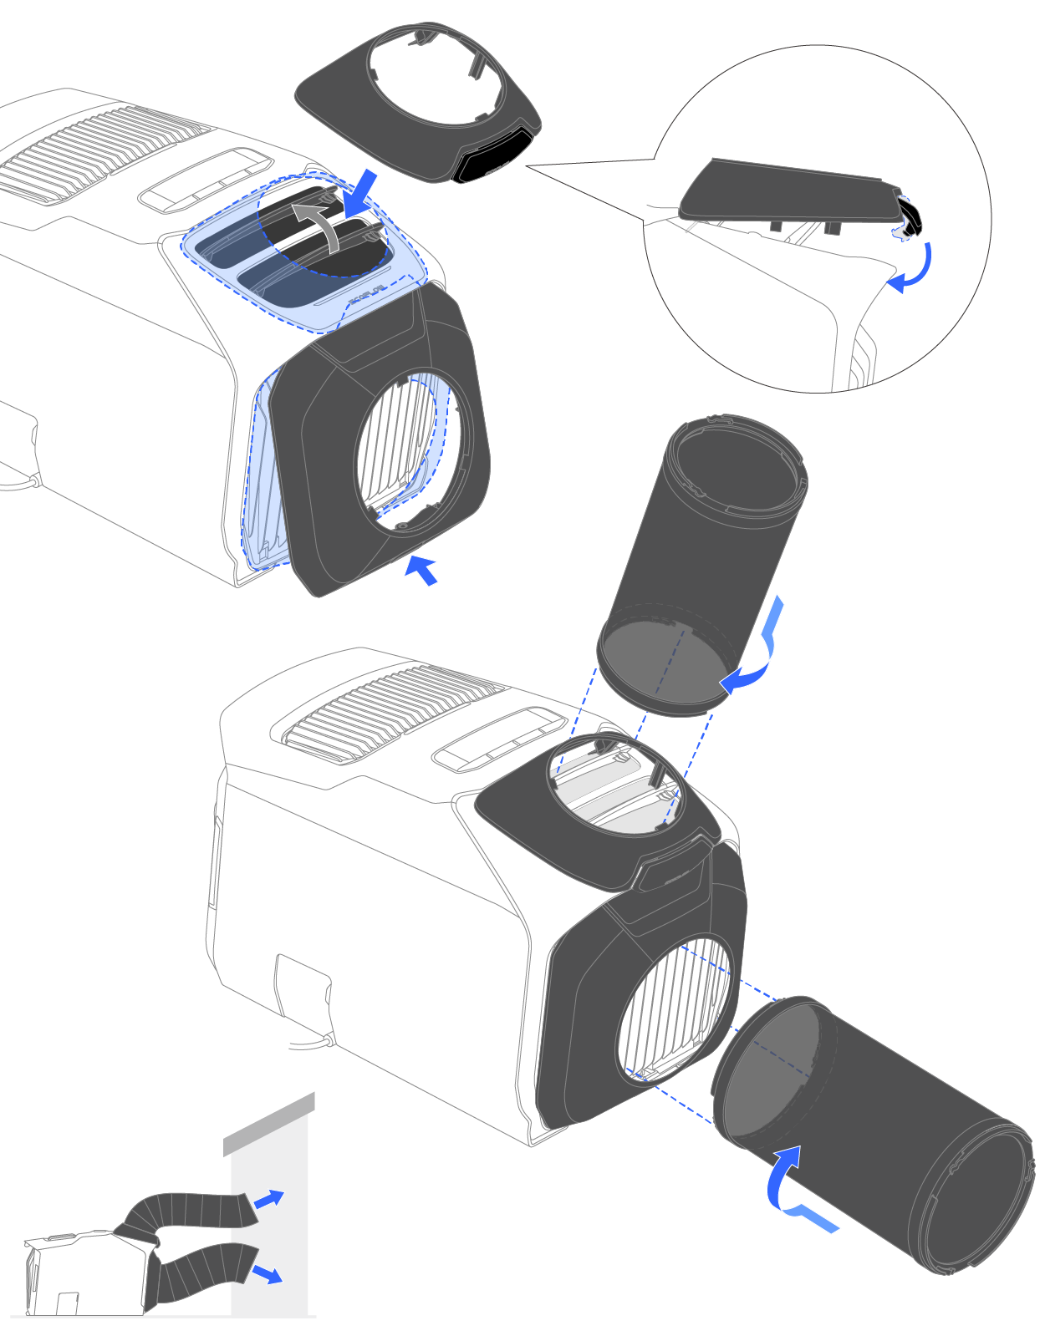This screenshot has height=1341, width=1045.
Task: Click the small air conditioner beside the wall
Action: (84, 1274)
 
